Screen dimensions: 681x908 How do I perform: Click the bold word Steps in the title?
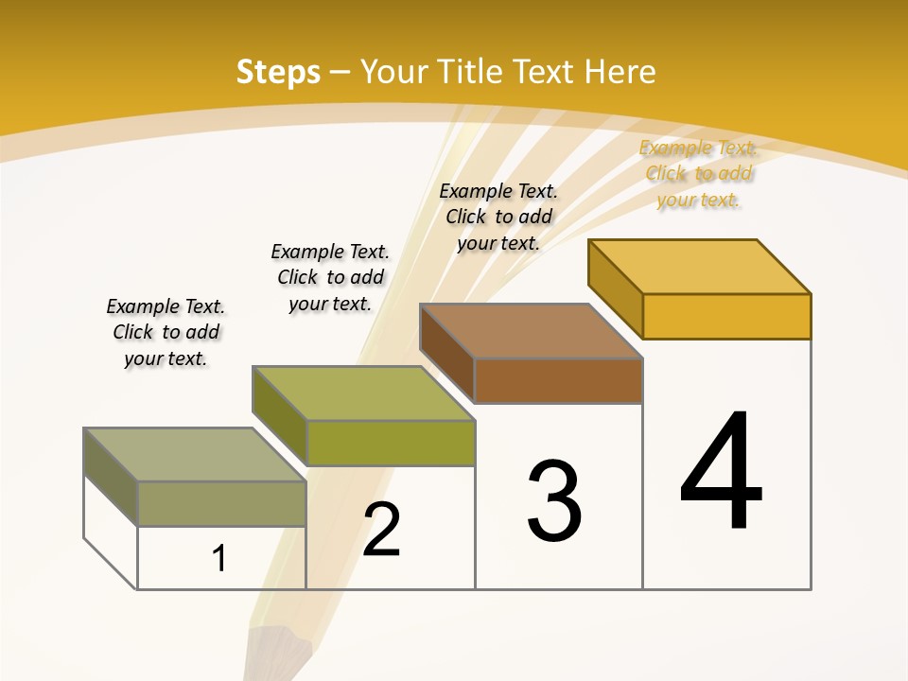point(278,72)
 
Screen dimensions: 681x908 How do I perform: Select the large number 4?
point(722,473)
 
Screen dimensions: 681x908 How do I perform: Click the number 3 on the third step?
point(554,501)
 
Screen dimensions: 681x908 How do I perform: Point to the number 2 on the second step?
point(382,530)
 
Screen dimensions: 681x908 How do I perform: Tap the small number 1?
point(219,559)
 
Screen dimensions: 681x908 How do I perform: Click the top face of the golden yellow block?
point(700,266)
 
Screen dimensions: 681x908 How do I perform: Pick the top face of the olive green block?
point(363,393)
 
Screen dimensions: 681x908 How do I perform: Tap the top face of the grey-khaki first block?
point(195,454)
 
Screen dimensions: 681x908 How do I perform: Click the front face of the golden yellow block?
point(726,316)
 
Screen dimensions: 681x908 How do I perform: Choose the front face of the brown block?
point(558,380)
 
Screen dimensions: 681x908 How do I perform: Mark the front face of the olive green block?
point(390,443)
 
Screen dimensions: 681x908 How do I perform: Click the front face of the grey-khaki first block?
point(221,503)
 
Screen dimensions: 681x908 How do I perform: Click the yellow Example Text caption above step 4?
point(699,173)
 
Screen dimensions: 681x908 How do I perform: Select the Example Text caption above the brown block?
point(498,217)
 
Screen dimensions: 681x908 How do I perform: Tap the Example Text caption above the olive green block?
point(330,277)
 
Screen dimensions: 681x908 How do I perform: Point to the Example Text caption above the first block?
point(166,332)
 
